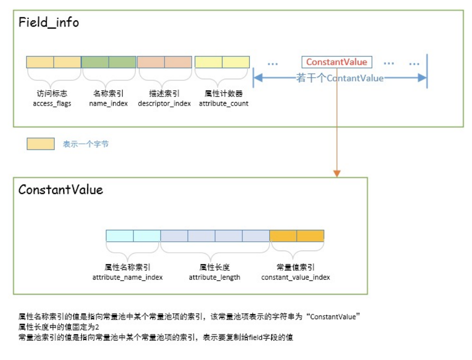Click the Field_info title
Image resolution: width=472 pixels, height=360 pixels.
point(49,23)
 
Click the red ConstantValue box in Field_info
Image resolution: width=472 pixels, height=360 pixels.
point(337,62)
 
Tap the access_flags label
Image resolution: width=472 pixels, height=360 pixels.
point(52,104)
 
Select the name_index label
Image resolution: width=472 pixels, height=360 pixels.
point(108,104)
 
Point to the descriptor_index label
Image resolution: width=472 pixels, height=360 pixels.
point(165,104)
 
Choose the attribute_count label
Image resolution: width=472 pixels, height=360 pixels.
point(224,104)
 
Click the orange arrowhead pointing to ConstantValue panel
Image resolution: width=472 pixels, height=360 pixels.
point(337,174)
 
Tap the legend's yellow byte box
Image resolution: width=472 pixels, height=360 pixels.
point(41,144)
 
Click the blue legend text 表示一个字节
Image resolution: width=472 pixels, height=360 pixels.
point(86,144)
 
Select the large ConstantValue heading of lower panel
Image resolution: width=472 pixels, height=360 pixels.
point(61,190)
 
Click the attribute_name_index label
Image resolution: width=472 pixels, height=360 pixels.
point(127,277)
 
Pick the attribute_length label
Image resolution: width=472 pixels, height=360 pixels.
point(215,277)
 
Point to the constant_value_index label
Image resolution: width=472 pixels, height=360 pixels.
point(296,277)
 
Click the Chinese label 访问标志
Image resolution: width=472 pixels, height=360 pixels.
point(52,94)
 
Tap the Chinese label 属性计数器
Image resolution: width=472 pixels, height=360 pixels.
point(224,94)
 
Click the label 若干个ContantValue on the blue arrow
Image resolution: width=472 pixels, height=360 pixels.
point(340,78)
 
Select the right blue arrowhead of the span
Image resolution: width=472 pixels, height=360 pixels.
point(422,78)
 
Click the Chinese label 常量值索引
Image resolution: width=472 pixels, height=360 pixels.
point(296,267)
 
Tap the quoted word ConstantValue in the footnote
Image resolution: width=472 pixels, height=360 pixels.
point(333,317)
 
